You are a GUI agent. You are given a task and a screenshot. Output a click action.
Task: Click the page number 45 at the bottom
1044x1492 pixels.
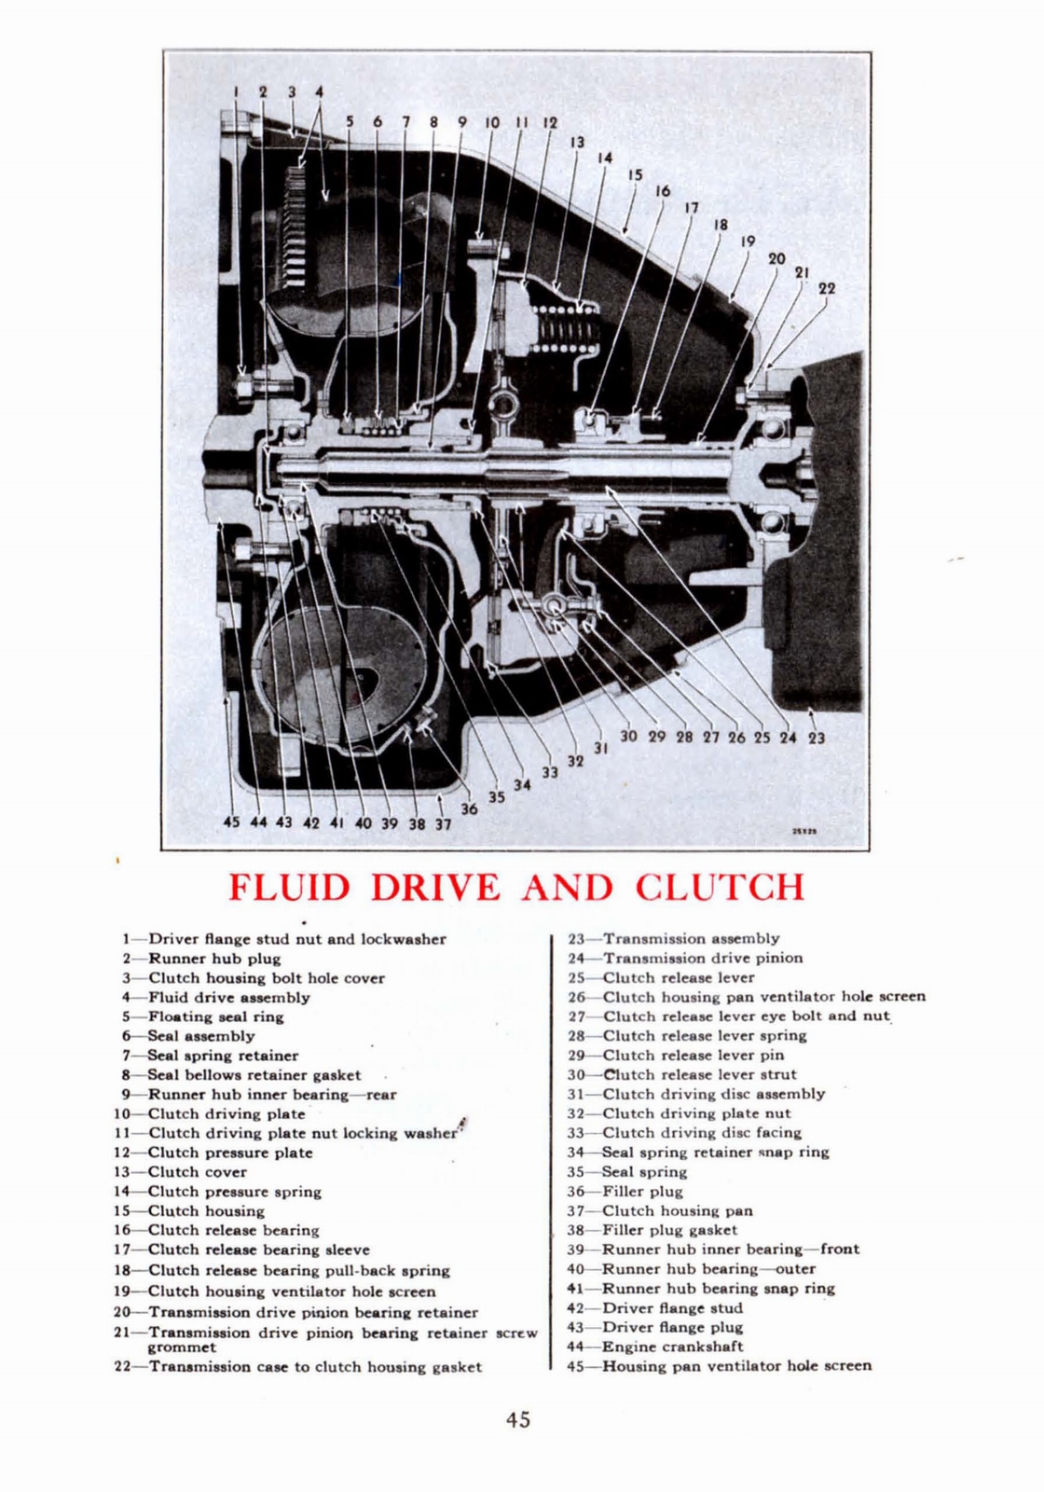518,1419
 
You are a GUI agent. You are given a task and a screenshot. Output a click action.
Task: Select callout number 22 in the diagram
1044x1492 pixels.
826,288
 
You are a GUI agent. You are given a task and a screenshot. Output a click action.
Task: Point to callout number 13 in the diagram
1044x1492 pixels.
577,142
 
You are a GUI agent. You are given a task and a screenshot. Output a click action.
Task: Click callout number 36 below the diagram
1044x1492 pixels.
469,808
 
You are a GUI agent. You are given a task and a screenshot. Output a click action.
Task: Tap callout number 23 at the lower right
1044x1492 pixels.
817,738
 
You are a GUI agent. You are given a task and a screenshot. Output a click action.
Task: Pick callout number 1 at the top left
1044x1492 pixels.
236,91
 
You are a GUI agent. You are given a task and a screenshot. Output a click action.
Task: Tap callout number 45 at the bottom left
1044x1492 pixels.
231,822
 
